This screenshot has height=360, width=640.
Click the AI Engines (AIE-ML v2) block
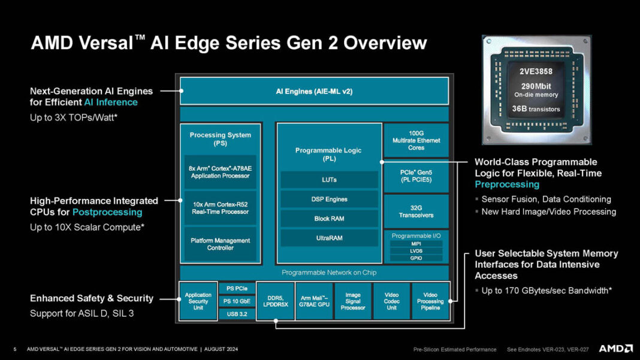pos(314,92)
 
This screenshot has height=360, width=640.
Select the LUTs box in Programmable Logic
pos(329,180)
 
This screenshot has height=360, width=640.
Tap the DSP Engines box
pos(329,199)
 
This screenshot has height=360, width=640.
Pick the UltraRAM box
pos(329,238)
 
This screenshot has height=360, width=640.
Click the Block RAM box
pos(329,219)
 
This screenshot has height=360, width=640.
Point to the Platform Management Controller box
pos(220,244)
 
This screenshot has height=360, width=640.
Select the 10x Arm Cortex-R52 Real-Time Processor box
pos(220,208)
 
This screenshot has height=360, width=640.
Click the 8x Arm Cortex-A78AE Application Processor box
pos(220,173)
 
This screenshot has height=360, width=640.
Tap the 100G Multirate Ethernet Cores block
pos(416,140)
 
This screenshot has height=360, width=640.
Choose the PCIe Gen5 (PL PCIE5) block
pos(416,176)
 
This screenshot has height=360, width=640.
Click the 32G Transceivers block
pos(416,211)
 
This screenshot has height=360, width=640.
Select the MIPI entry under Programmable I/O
pos(416,244)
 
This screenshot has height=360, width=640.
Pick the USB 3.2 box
pos(236,313)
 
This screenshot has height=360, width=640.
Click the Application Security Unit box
pos(198,301)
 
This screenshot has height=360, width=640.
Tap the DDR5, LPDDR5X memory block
pos(275,301)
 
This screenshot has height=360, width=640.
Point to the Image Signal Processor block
pos(352,301)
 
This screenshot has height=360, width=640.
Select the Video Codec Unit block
pos(391,301)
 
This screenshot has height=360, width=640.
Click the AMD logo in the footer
pos(615,349)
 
